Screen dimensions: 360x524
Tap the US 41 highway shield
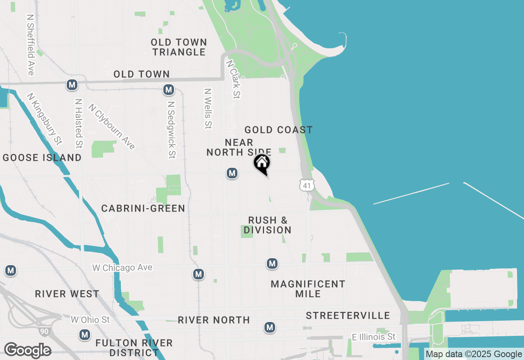point(307,185)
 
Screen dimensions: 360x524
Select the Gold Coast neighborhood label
point(278,130)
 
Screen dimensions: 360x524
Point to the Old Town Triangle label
point(179,47)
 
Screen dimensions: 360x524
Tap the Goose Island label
point(42,158)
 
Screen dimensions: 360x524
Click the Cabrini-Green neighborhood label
point(143,209)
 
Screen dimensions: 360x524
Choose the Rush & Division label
point(268,225)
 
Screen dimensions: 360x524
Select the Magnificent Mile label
point(308,289)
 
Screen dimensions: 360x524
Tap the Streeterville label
point(348,315)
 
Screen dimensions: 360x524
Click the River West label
point(67,294)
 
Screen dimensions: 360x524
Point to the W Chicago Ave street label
point(122,268)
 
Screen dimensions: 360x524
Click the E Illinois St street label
point(374,337)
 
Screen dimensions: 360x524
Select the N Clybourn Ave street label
point(112,126)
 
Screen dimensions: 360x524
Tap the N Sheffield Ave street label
point(30,45)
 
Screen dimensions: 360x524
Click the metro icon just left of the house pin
point(232,173)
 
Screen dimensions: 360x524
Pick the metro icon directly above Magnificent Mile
point(272,264)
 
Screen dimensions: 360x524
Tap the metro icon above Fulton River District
point(85,335)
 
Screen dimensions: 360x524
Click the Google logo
point(27,350)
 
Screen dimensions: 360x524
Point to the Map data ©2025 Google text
point(474,354)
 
